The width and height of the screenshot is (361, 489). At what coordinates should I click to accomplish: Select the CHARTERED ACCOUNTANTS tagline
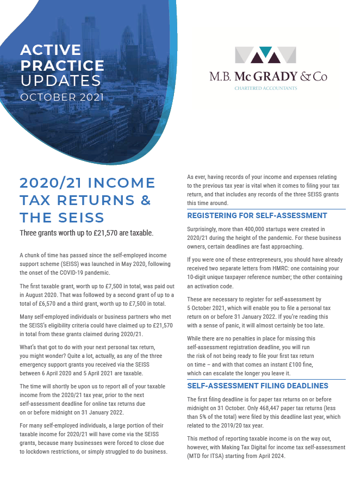pyautogui.click(x=266, y=88)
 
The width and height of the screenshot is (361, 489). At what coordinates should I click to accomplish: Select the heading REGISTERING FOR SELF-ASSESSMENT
pyautogui.click(x=257, y=215)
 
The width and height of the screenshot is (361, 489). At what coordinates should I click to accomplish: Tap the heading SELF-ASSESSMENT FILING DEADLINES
pyautogui.click(x=258, y=386)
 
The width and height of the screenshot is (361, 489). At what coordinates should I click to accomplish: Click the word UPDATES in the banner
pyautogui.click(x=60, y=81)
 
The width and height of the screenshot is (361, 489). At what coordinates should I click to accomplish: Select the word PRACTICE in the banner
pyautogui.click(x=62, y=66)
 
